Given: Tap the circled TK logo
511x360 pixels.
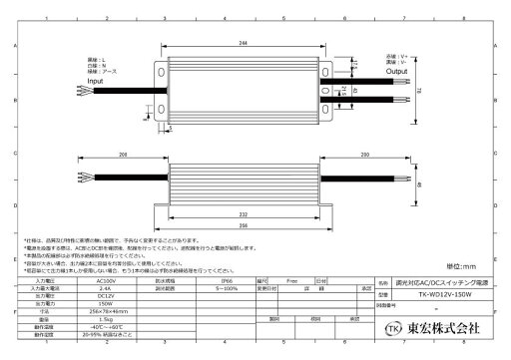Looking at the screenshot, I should (x=394, y=327).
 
